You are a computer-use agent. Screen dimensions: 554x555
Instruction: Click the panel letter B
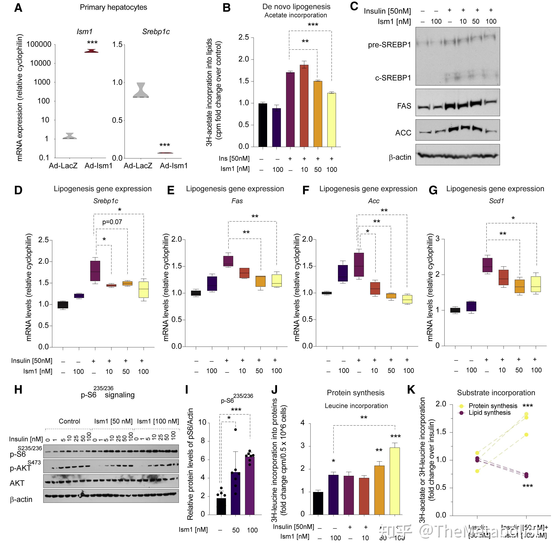tap(227, 8)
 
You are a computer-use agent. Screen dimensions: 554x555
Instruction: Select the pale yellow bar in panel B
tap(331, 119)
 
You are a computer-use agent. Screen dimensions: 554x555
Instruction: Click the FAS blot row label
tap(404, 106)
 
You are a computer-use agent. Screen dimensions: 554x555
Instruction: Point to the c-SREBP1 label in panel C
tap(393, 78)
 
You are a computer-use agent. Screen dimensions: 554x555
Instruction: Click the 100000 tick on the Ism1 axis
tap(39, 44)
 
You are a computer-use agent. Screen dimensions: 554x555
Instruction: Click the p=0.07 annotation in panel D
tap(112, 222)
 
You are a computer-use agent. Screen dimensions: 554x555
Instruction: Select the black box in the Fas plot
tap(196, 293)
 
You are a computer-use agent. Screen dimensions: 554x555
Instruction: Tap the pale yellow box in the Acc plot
tap(407, 299)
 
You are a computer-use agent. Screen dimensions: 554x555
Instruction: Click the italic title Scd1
tap(496, 201)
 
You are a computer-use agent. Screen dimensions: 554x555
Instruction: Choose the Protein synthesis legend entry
tap(493, 406)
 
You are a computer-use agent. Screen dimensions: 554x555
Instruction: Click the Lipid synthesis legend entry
tap(490, 413)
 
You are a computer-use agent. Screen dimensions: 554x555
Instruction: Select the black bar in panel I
tap(221, 506)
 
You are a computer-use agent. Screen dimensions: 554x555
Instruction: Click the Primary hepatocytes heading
tap(113, 7)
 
